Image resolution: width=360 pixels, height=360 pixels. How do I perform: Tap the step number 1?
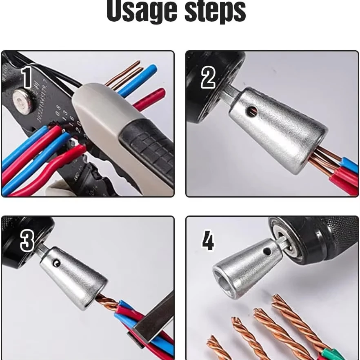(27, 78)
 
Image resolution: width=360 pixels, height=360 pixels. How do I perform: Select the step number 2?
(208, 78)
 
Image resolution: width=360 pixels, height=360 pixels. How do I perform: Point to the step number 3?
(27, 242)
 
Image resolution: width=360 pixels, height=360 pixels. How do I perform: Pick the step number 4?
(208, 242)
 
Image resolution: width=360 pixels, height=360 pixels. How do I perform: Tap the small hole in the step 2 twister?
(253, 110)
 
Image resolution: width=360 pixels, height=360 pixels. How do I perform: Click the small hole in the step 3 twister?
(57, 264)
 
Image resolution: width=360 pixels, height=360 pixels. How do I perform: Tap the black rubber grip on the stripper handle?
(147, 151)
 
